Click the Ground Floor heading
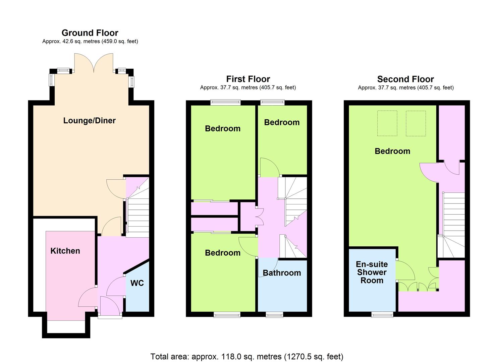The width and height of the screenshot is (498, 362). pos(90,33)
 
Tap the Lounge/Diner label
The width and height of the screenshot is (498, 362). pos(90,121)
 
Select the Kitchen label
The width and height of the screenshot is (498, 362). pos(65,251)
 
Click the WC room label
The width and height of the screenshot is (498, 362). pos(137,283)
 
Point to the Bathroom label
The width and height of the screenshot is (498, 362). pos(282,273)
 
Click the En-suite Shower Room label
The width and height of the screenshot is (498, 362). pos(372,272)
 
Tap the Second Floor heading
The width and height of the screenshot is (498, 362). pos(405,79)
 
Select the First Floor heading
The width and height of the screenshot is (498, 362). pos(248,79)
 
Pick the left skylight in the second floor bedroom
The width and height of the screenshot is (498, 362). pos(387,123)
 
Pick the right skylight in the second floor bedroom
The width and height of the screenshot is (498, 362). pos(416,123)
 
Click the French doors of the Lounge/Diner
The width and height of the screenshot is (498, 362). pos(94,63)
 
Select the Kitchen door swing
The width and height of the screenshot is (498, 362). pos(88,297)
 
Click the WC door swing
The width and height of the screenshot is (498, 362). pos(116,286)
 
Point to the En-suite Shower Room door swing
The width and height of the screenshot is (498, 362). pos(405,270)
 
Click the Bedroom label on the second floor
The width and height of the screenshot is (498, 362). pos(392,151)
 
